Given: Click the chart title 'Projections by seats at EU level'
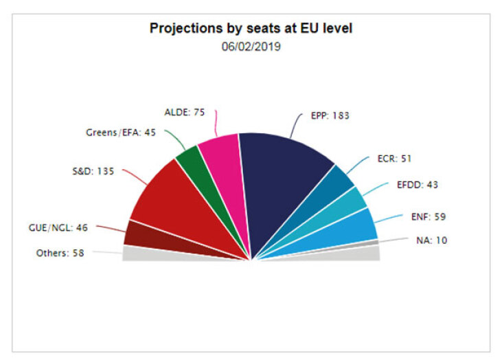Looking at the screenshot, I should (251, 30).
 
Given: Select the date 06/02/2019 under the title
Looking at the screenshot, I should (251, 47).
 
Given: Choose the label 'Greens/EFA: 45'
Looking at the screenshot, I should (122, 133).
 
